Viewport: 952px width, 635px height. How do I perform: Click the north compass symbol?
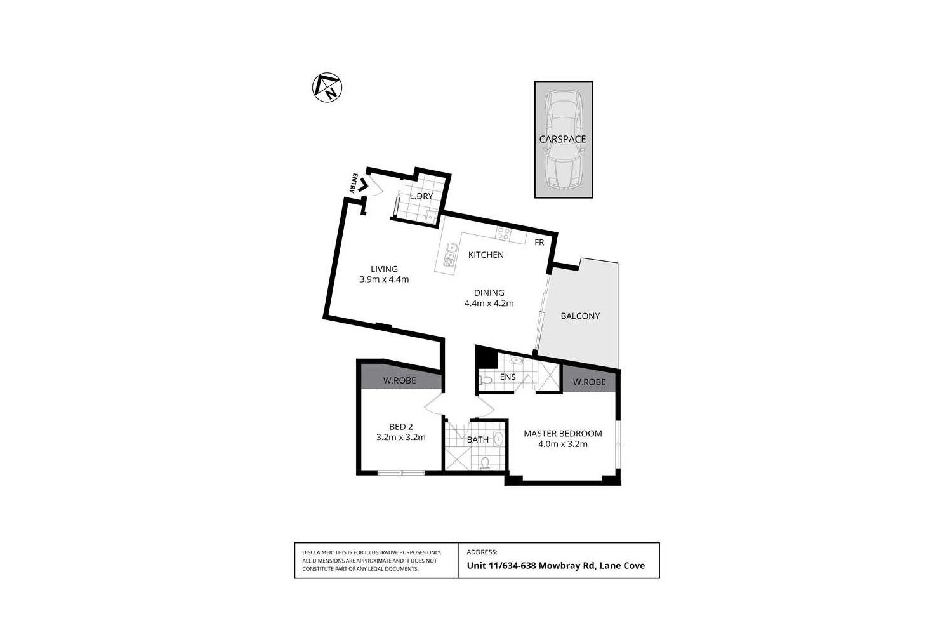click(x=327, y=88)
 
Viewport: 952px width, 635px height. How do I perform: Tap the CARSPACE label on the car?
click(x=562, y=139)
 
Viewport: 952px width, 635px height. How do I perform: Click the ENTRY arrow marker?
click(x=364, y=185)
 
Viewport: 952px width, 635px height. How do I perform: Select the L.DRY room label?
click(x=421, y=196)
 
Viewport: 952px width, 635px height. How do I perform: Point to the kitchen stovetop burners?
click(x=503, y=234)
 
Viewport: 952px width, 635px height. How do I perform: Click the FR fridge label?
click(x=539, y=243)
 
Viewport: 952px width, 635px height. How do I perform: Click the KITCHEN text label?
click(x=486, y=255)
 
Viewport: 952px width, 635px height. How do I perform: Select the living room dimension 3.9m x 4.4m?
click(x=384, y=279)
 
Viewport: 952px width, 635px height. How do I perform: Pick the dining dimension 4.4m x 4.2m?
click(x=489, y=304)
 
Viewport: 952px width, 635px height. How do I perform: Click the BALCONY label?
click(x=580, y=316)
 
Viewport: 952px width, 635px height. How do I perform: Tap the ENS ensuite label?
click(x=508, y=377)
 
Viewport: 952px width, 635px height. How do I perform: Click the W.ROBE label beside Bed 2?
click(x=399, y=381)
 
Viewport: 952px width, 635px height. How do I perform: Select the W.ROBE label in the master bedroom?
click(x=589, y=382)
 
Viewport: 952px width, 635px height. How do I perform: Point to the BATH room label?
click(x=478, y=439)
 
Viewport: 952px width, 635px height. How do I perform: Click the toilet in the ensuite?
click(x=486, y=380)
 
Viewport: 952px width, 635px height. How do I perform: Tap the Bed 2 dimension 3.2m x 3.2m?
click(x=400, y=438)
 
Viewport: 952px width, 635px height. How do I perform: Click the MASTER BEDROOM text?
click(x=562, y=434)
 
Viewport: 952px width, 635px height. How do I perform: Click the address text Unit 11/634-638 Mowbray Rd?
click(x=531, y=566)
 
